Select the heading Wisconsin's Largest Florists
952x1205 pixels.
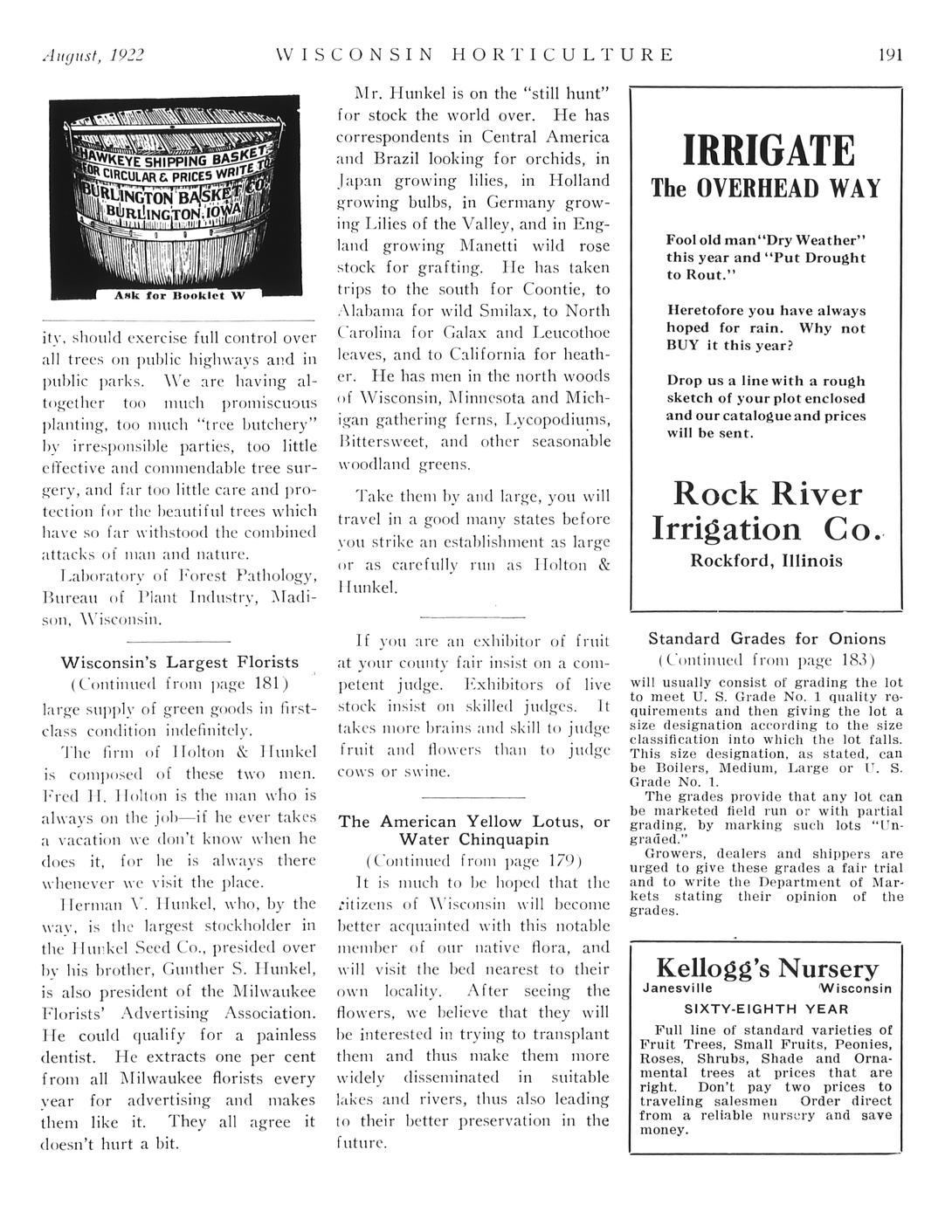pos(179,662)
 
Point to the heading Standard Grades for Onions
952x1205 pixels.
pos(766,638)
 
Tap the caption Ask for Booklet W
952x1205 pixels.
pos(181,295)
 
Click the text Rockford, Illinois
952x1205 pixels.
pos(766,561)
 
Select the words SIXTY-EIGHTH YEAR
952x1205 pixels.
pos(766,1007)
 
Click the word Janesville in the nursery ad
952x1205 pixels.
pos(677,988)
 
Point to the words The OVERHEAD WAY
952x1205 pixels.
pos(766,189)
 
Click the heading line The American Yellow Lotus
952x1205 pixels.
pos(473,822)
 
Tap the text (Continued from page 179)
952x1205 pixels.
pos(473,859)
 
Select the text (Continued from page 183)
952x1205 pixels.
pos(766,659)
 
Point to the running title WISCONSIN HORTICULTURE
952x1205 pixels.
pos(474,55)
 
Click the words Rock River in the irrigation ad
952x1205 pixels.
pos(766,494)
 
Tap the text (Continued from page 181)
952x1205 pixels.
pos(179,683)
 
